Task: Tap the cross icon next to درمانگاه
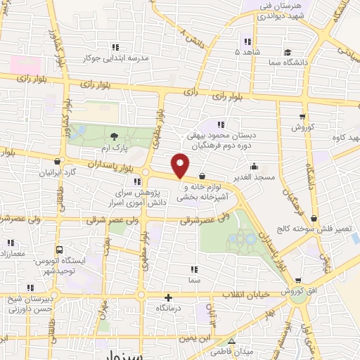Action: (x=168, y=298)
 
